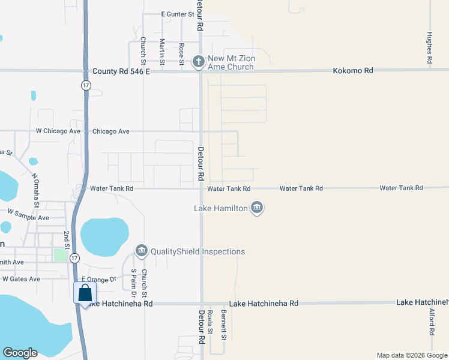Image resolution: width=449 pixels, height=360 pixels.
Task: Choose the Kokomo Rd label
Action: (x=353, y=71)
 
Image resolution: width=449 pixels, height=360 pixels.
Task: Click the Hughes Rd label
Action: (x=430, y=48)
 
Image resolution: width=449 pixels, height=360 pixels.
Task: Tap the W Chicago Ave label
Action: (x=58, y=131)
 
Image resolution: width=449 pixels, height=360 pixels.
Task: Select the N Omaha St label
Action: (x=35, y=190)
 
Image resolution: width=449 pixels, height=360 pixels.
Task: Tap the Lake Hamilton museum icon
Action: (x=257, y=208)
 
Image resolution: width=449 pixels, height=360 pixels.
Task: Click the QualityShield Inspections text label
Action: (x=197, y=252)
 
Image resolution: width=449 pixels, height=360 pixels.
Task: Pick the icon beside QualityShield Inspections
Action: (x=142, y=250)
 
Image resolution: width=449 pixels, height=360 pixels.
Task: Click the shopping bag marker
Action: (x=85, y=293)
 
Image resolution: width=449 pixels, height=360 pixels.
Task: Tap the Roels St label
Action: (x=210, y=324)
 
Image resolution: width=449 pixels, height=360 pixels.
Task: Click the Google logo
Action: (x=20, y=353)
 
